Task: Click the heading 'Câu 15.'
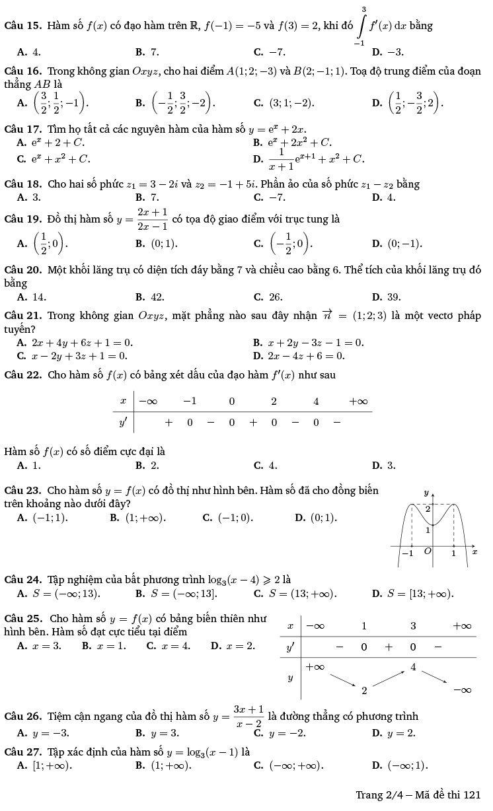click(x=23, y=26)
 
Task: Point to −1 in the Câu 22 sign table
click(x=190, y=401)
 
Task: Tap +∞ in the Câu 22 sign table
click(x=358, y=401)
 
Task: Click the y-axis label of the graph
click(x=426, y=493)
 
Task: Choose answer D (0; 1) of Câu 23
click(x=323, y=517)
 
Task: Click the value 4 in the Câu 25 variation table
click(x=414, y=667)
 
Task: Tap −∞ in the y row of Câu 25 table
click(x=462, y=690)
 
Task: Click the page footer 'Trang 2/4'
click(x=377, y=794)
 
